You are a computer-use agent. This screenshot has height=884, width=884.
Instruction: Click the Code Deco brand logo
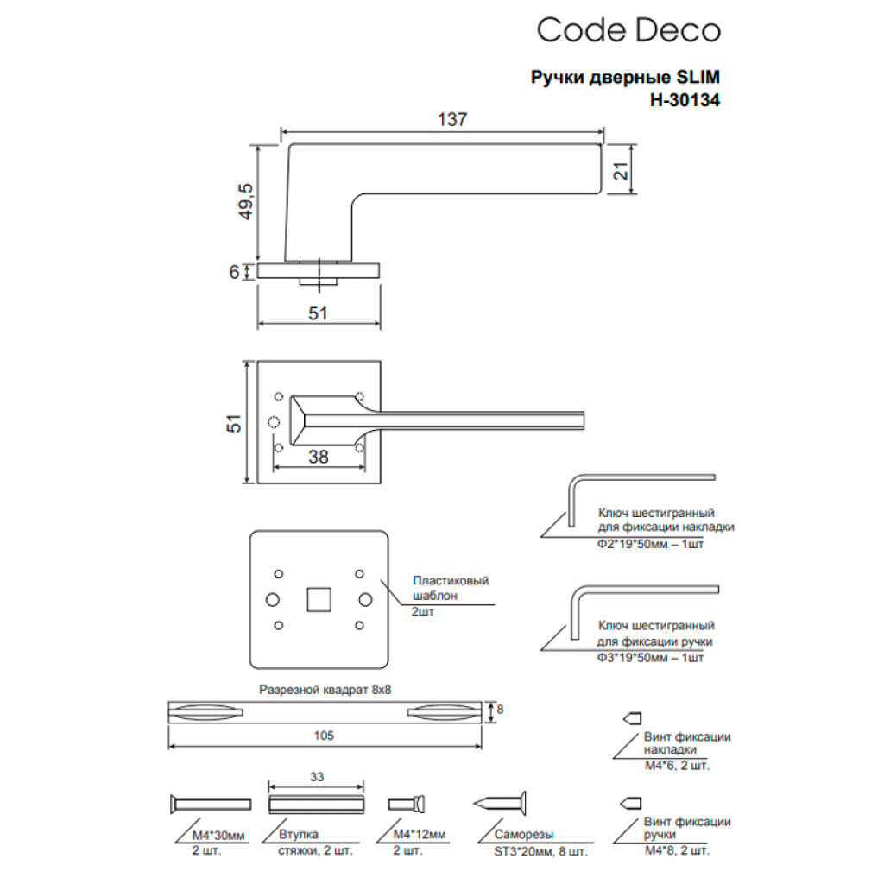[628, 31]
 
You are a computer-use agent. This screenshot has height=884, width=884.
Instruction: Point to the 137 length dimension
[451, 121]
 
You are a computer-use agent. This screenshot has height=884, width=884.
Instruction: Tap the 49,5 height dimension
[245, 202]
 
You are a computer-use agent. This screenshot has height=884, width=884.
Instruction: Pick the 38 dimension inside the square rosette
[319, 458]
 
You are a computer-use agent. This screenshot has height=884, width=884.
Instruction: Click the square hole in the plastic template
[319, 598]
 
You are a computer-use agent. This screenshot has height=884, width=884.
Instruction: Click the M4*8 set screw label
[677, 850]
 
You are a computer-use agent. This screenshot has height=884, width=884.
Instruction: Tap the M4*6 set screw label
[677, 765]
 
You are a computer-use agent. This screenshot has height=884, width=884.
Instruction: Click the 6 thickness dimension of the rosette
[234, 271]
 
